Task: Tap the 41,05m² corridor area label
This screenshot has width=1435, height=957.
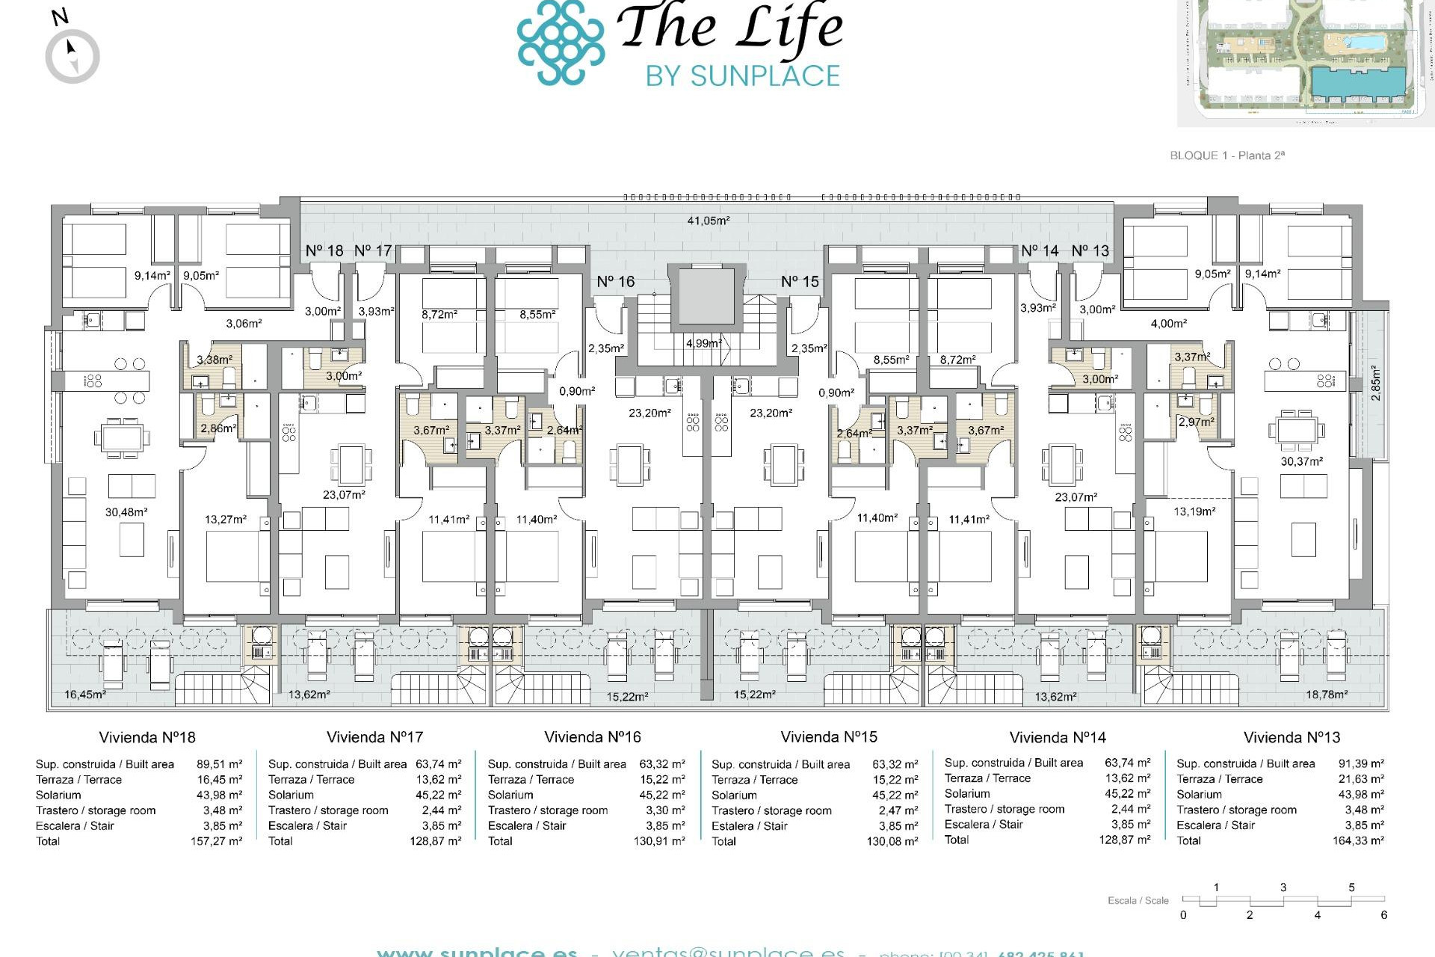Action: click(x=709, y=221)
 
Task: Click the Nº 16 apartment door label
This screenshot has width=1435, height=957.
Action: click(x=615, y=282)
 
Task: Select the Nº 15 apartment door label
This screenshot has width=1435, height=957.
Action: click(x=800, y=282)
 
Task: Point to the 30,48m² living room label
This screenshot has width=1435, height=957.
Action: click(x=126, y=512)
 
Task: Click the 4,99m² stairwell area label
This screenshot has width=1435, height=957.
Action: click(x=703, y=343)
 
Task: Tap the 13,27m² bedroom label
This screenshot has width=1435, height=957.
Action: click(x=226, y=519)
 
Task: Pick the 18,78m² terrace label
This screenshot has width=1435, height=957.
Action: click(x=1326, y=695)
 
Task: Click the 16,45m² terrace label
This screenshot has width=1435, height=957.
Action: click(x=84, y=695)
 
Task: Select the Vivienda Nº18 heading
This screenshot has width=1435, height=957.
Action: click(x=147, y=737)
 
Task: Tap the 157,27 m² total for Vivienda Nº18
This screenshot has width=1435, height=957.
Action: click(x=216, y=841)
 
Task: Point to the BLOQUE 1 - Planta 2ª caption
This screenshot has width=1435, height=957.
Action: click(x=1226, y=156)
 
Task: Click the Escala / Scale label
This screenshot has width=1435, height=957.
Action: click(x=1138, y=900)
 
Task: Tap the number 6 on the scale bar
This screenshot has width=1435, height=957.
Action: click(x=1383, y=915)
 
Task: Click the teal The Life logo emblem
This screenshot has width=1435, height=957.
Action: click(x=561, y=42)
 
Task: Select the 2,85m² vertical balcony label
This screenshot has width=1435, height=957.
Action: click(x=1376, y=383)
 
